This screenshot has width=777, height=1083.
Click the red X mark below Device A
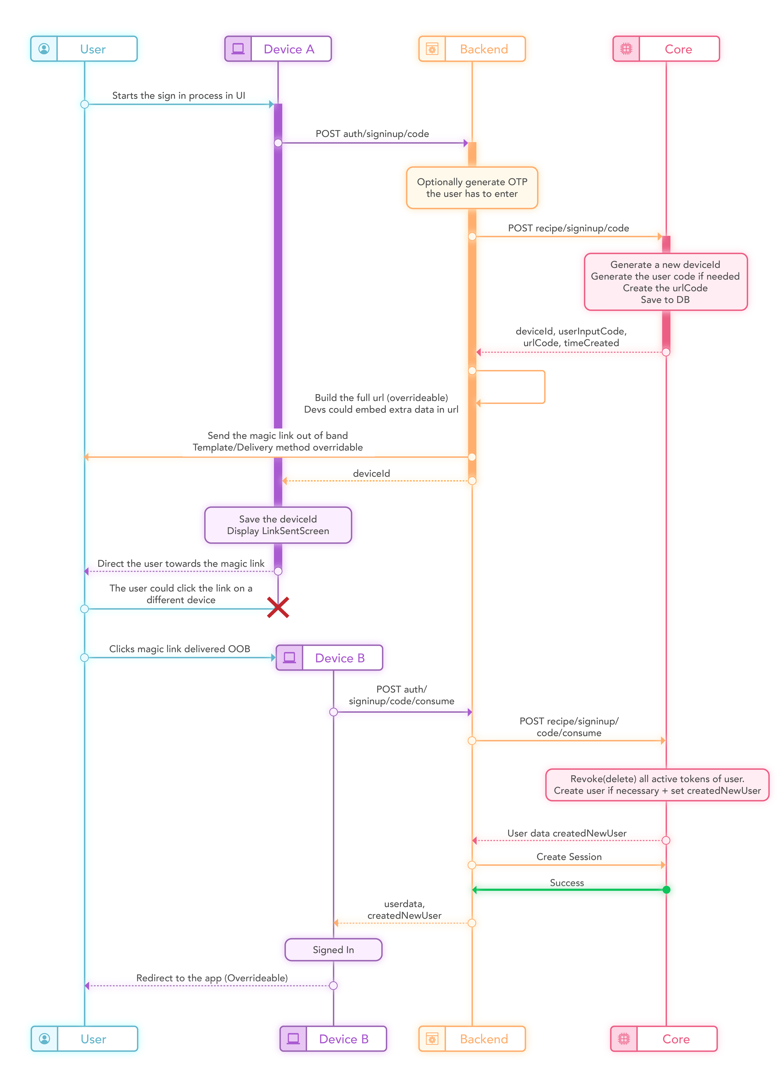point(278,607)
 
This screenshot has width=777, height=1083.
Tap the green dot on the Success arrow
point(666,890)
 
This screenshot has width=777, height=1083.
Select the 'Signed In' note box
point(333,950)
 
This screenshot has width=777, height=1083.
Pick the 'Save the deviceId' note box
point(278,525)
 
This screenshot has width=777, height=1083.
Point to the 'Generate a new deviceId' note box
point(665,282)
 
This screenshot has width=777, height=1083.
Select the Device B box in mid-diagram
point(329,658)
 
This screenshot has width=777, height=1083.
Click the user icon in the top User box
point(44,49)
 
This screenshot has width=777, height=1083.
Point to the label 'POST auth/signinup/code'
point(372,134)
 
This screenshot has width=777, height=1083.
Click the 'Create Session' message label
point(569,857)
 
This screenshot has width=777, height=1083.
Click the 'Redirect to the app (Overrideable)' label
point(212,978)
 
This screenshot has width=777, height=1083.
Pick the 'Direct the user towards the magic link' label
point(181,563)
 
